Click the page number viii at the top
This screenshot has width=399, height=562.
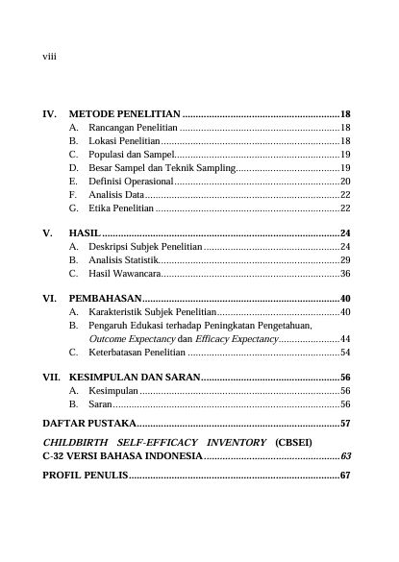pos(49,57)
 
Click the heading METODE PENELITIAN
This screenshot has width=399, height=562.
pos(125,113)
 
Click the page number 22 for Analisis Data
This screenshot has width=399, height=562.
pos(345,194)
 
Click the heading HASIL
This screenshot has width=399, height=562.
pos(85,233)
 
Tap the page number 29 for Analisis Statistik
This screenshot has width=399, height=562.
pos(345,260)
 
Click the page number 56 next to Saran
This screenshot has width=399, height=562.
pos(345,404)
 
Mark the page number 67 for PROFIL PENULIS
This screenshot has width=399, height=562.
pos(345,476)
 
